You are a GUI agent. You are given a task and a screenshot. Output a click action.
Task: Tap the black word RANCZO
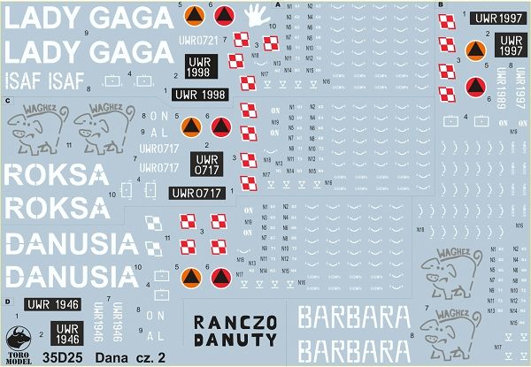point(235,321)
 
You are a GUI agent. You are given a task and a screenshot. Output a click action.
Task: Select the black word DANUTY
point(235,340)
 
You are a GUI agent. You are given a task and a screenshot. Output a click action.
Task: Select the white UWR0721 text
point(197,40)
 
